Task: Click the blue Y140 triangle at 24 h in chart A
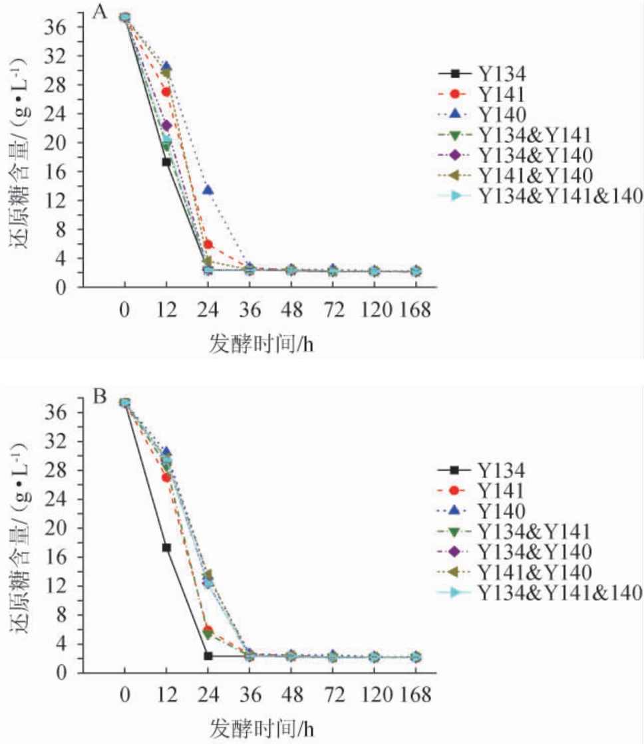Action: click(208, 191)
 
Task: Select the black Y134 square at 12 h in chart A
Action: click(166, 162)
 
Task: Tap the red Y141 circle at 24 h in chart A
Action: click(208, 244)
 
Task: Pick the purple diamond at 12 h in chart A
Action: click(166, 126)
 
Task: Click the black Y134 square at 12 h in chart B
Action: click(166, 547)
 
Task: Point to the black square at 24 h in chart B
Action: click(208, 656)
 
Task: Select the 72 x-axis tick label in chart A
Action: click(333, 310)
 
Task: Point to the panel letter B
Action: click(100, 397)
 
